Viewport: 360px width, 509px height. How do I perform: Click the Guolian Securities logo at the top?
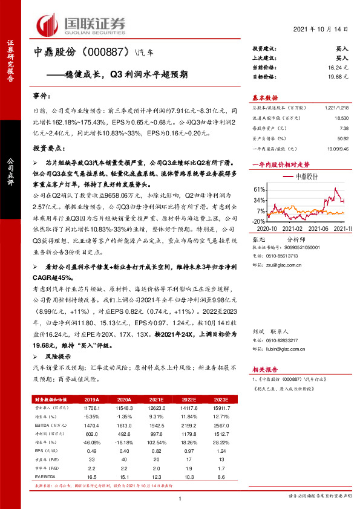(82, 24)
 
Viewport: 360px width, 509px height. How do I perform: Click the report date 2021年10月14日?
(321, 30)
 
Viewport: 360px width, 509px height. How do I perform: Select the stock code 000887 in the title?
(109, 52)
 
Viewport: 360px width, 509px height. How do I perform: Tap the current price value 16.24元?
(337, 69)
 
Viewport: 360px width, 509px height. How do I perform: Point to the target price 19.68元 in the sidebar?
(337, 77)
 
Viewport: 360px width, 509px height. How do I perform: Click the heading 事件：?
(42, 97)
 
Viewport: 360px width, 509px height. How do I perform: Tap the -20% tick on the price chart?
(258, 221)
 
